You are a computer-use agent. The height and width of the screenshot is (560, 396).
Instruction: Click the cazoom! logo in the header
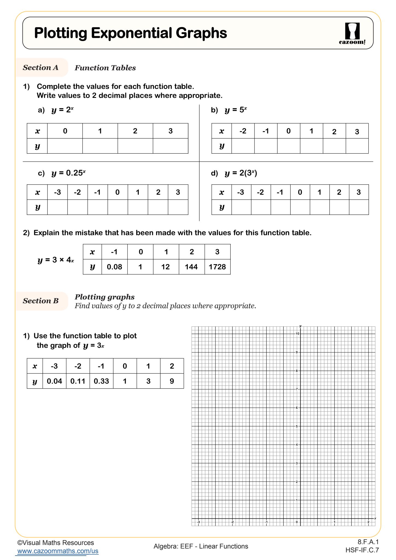point(352,34)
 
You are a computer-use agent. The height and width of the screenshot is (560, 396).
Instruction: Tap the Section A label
point(41,68)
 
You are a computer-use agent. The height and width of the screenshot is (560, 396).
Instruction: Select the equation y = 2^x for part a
point(62,110)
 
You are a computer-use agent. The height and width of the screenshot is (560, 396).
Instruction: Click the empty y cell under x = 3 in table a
point(170,146)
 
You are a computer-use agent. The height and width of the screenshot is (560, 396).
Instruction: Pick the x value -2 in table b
point(243,131)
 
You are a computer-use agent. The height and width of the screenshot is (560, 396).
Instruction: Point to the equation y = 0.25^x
point(68,173)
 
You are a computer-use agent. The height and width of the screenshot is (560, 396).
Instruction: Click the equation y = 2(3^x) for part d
point(240,173)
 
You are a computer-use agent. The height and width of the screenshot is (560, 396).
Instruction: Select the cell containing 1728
point(217,267)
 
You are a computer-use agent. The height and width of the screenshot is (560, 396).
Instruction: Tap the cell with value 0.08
point(114,267)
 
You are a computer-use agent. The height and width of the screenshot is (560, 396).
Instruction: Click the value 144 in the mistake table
point(191,267)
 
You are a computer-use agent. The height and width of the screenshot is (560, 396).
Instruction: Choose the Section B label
point(41,301)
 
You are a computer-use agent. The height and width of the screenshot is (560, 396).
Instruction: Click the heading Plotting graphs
point(105,297)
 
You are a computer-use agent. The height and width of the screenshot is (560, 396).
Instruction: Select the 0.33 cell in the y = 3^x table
point(101,381)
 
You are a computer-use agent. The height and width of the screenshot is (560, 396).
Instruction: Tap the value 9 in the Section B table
point(172,381)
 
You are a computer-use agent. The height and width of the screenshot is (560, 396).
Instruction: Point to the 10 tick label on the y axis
point(297,334)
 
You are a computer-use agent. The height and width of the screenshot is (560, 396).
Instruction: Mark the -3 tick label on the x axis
point(199,522)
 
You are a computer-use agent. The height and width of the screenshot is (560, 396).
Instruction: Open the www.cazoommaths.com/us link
point(58,551)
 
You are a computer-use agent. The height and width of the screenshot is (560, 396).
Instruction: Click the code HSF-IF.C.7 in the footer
point(362,550)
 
